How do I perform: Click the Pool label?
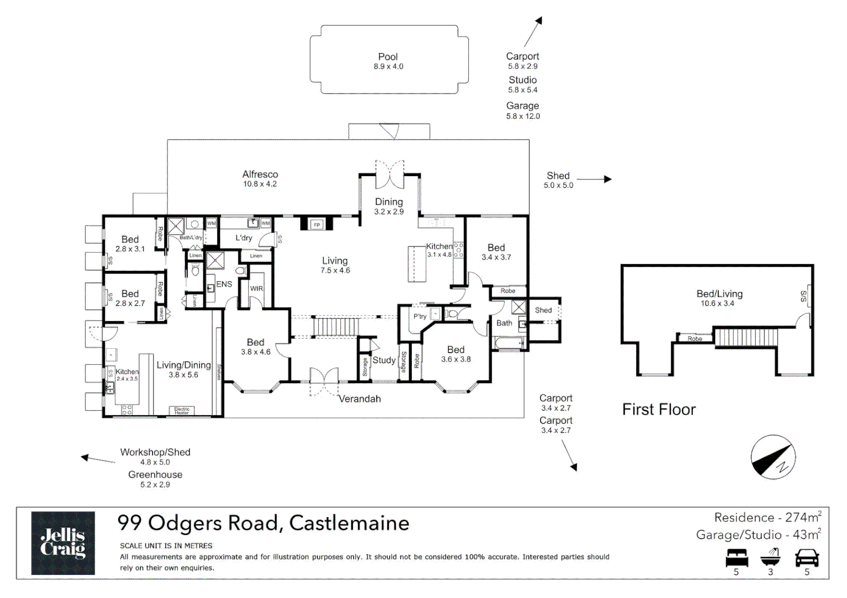pos(387,57)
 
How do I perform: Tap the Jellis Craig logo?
pos(63,543)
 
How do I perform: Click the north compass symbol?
pos(773,457)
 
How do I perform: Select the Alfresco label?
pos(260,174)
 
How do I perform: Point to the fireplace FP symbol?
pos(317,224)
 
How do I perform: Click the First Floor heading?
pos(659,410)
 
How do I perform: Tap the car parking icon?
pos(807,558)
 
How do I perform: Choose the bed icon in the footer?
pos(736,558)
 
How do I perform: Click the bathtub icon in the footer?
pos(771,556)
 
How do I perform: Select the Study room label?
pos(384,360)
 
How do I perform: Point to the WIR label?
pos(256,288)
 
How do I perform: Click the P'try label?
pos(420,316)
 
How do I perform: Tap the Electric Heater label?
pos(182,411)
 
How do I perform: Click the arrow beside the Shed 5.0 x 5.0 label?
pos(594,179)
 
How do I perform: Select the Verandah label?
pos(359,399)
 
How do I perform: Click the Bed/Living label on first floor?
pos(719,294)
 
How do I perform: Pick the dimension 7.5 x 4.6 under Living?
pos(335,271)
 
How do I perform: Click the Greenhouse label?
pos(155,475)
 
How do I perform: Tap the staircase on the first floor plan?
pos(746,337)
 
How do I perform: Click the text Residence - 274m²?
pos(767,518)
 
